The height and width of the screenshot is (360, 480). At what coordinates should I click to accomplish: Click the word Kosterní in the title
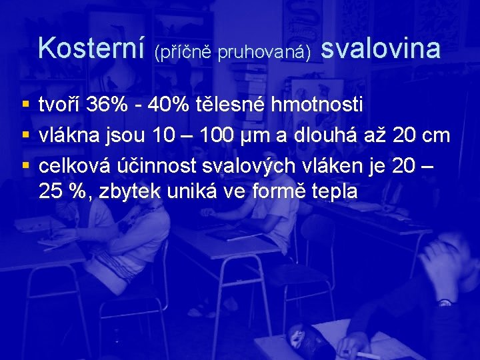tap(91, 48)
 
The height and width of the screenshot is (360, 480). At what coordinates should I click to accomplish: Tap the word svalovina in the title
tap(381, 48)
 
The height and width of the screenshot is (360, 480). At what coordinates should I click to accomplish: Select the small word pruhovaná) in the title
tap(265, 52)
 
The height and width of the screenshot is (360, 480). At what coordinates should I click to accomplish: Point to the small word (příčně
tap(183, 52)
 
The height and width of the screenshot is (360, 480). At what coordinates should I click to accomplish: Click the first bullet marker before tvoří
tap(25, 105)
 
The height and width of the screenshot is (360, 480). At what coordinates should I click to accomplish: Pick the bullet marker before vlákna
tap(25, 135)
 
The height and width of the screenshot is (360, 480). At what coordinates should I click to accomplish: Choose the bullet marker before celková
tap(25, 164)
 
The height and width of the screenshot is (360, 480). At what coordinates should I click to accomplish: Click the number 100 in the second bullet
tap(218, 135)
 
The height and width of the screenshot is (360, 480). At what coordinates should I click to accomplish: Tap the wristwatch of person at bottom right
tap(444, 302)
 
